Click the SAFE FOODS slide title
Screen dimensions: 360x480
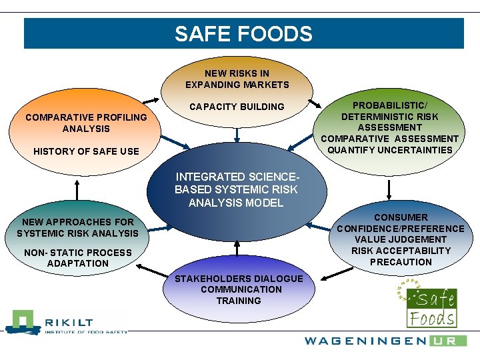click(x=243, y=34)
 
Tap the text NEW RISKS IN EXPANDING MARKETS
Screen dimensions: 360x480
click(x=237, y=79)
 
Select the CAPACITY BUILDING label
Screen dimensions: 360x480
click(x=237, y=107)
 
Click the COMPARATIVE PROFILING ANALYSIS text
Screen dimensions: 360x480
click(x=86, y=123)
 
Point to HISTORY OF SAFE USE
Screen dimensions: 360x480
click(x=86, y=151)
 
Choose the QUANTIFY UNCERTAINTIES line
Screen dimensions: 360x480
click(x=390, y=150)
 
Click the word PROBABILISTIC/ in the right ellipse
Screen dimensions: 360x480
click(x=390, y=105)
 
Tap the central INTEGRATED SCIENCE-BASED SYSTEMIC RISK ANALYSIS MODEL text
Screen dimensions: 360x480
click(x=236, y=190)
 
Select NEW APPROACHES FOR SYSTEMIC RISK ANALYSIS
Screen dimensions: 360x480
click(x=77, y=227)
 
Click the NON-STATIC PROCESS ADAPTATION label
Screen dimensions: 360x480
click(x=77, y=258)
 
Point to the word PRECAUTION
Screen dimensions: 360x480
click(x=401, y=262)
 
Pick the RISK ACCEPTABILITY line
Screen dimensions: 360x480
click(x=401, y=251)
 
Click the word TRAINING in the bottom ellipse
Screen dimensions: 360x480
click(x=239, y=301)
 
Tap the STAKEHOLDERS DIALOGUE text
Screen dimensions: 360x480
click(x=239, y=279)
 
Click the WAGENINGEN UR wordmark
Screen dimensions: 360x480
click(x=385, y=341)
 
